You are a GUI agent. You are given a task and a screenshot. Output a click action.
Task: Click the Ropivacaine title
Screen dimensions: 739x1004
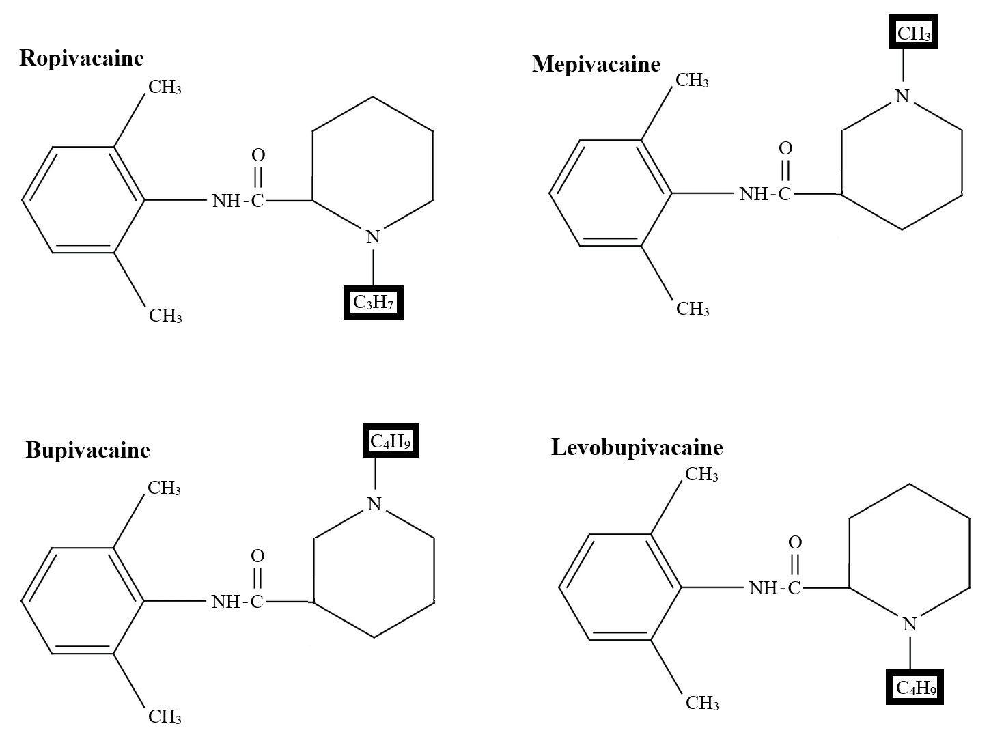tap(81, 58)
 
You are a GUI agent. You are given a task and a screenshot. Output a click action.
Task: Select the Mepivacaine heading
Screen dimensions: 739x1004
tap(596, 65)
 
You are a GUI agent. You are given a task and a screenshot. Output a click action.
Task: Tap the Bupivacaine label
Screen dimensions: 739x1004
tap(87, 450)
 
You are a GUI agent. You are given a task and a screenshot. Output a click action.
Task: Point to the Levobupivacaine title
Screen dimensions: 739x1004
tap(637, 447)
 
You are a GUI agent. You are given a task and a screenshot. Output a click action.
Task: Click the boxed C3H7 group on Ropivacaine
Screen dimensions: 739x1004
tap(373, 303)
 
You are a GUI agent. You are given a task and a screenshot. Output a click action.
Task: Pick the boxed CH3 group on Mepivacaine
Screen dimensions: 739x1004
tap(913, 33)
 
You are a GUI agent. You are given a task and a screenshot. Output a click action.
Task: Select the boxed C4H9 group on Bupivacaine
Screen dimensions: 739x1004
tap(390, 441)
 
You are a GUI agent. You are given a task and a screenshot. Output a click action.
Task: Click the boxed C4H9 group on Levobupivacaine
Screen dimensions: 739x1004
tap(915, 687)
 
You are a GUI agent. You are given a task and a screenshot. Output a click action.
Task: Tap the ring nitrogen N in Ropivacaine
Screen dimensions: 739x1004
tap(373, 237)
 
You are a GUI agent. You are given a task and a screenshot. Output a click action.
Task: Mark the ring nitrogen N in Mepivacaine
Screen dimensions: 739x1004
tap(903, 96)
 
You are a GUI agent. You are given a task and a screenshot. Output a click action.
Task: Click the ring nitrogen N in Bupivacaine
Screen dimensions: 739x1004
tap(374, 504)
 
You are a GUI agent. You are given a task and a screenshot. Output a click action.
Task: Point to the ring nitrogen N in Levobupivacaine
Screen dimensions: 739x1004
tap(910, 624)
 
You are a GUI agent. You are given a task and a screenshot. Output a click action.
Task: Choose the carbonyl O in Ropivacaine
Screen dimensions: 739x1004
tap(258, 156)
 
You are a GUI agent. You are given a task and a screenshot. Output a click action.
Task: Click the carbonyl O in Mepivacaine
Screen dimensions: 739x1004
tap(785, 148)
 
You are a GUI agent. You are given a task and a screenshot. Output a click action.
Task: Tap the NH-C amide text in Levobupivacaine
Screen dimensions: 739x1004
tap(775, 588)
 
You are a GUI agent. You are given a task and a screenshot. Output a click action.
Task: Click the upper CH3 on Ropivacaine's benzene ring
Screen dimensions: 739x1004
tap(165, 87)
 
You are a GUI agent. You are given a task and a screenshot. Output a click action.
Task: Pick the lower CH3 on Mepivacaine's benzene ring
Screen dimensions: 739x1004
tap(693, 309)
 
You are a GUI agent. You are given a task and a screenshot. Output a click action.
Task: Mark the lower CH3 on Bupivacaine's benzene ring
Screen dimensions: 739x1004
tap(165, 716)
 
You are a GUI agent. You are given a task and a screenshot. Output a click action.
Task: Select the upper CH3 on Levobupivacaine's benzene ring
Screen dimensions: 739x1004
tap(701, 475)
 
